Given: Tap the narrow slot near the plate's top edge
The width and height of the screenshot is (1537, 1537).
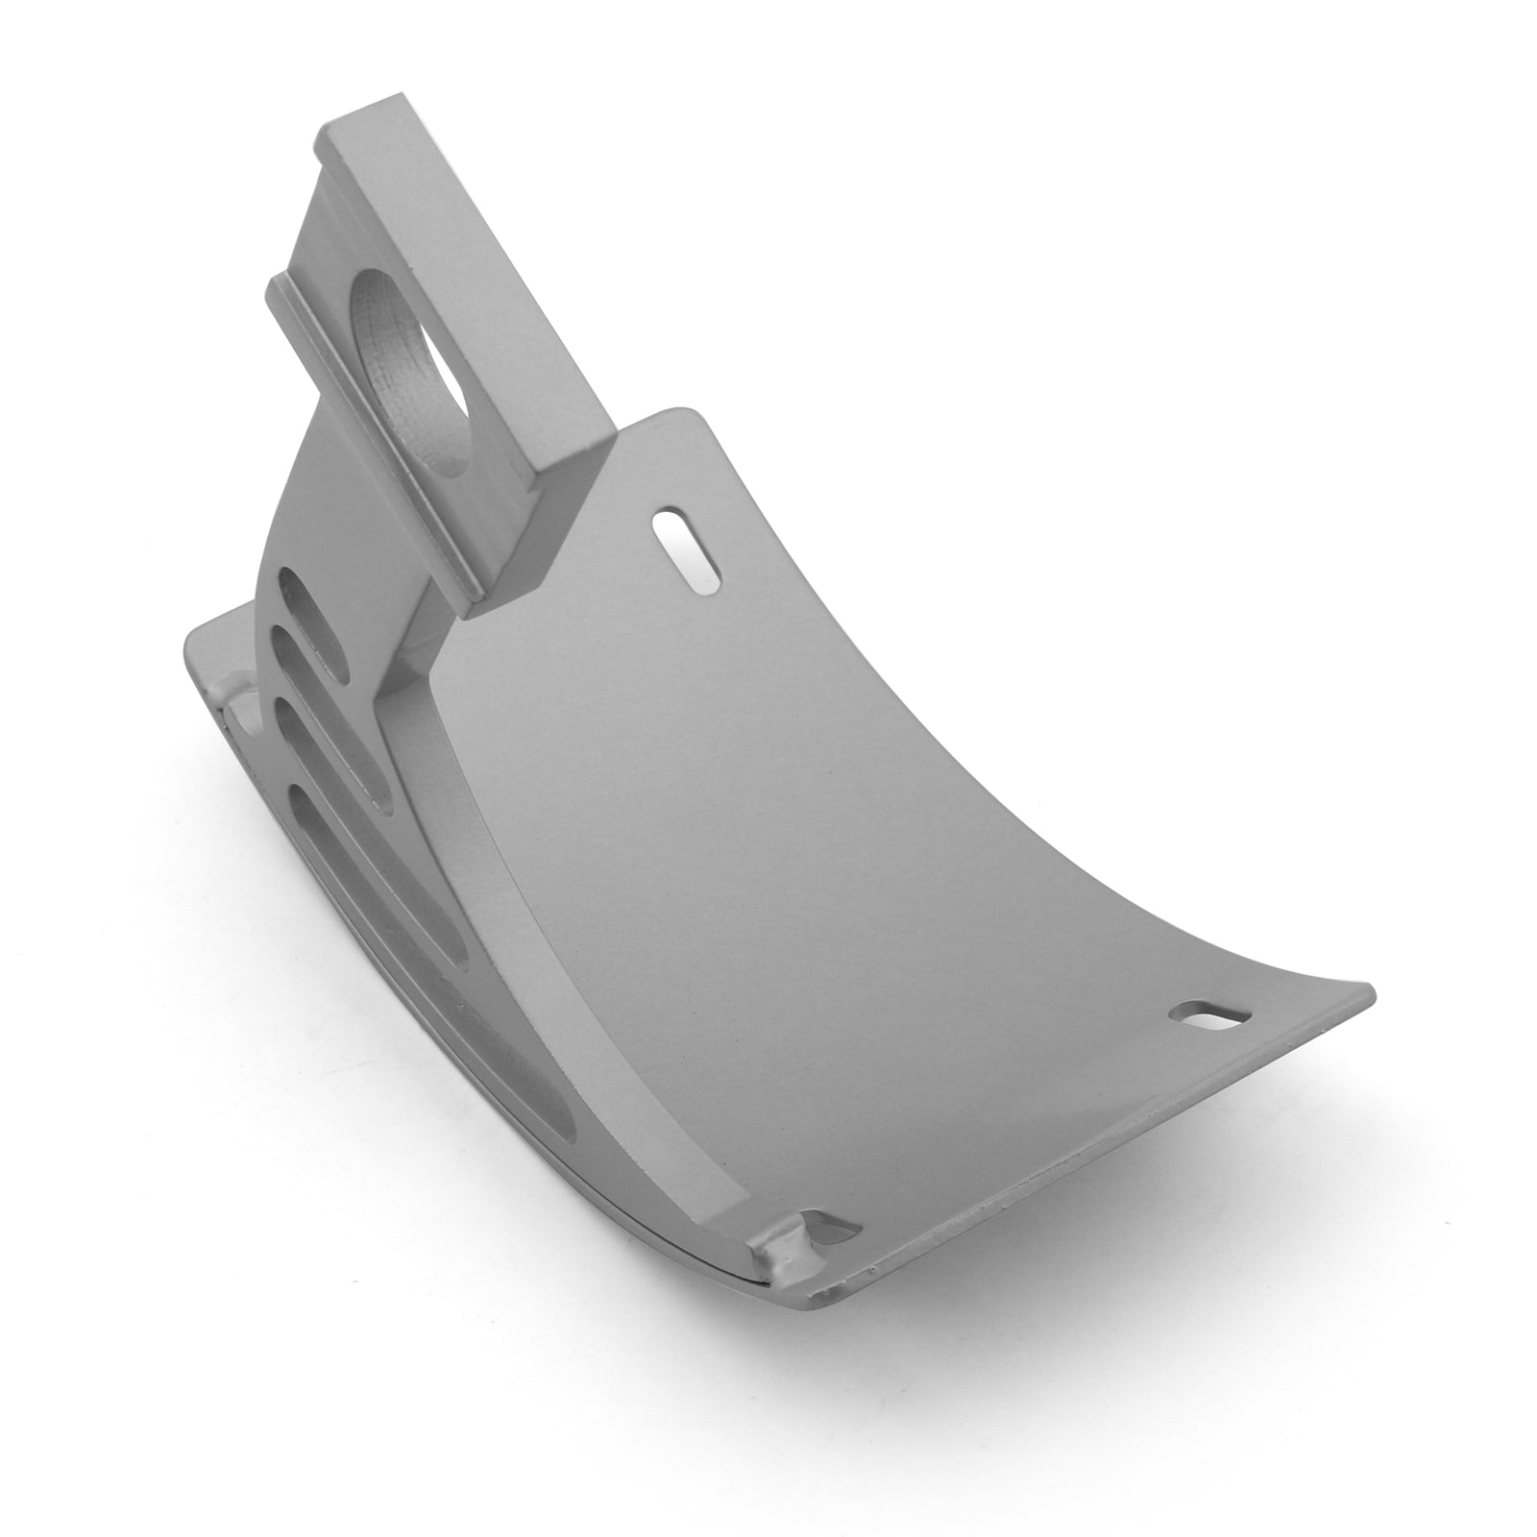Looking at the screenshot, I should click(x=688, y=546).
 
